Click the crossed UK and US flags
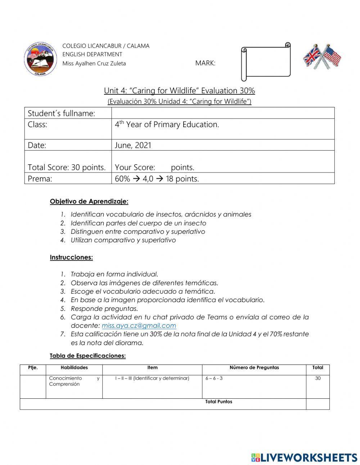point(322,57)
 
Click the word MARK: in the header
point(205,63)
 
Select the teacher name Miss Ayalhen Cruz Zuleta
point(94,63)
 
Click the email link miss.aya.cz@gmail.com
point(139,326)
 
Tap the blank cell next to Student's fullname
point(223,113)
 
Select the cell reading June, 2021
point(133,145)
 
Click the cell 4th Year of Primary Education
point(167,125)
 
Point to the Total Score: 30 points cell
point(67,167)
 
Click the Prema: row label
point(40,179)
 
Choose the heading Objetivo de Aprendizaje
point(89,201)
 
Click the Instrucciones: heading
point(71,258)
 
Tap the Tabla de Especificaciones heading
point(87,356)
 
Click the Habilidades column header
point(74,368)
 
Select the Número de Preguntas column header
point(254,368)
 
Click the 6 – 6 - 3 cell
point(214,379)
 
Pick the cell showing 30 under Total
point(318,379)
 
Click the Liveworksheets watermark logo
point(304,457)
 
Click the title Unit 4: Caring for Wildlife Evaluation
point(179,90)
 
